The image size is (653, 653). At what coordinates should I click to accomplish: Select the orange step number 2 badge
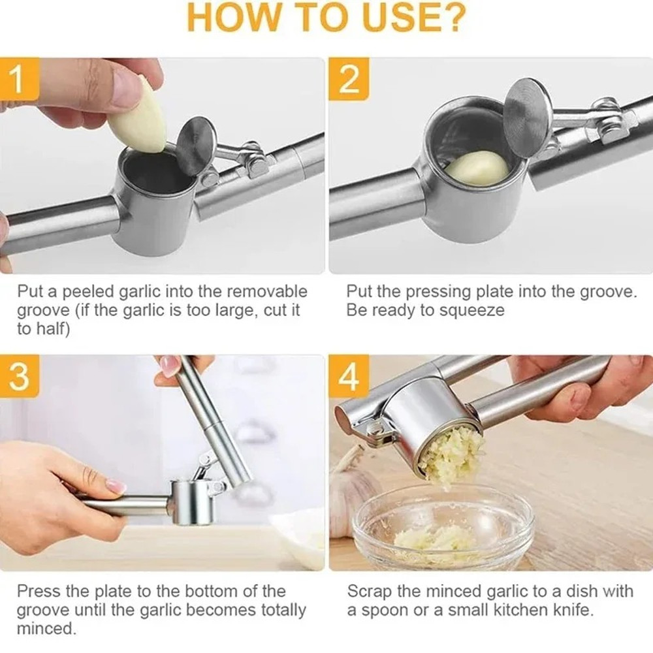click(x=349, y=79)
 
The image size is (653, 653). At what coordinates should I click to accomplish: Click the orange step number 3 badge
click(x=18, y=377)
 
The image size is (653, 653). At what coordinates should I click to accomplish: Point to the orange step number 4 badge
click(x=349, y=377)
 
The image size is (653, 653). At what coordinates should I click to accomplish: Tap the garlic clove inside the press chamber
click(x=477, y=167)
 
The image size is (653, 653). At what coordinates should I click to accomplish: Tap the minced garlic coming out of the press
click(x=451, y=454)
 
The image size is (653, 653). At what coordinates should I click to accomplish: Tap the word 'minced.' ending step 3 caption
click(x=46, y=629)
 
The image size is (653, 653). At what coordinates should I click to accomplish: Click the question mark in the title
click(x=451, y=18)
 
